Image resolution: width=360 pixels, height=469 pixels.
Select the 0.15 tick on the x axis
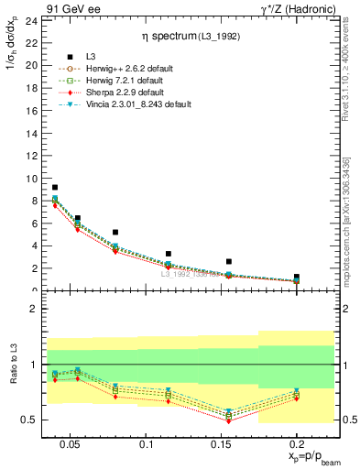click(221, 444)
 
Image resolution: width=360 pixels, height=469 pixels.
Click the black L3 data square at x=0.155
click(229, 261)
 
